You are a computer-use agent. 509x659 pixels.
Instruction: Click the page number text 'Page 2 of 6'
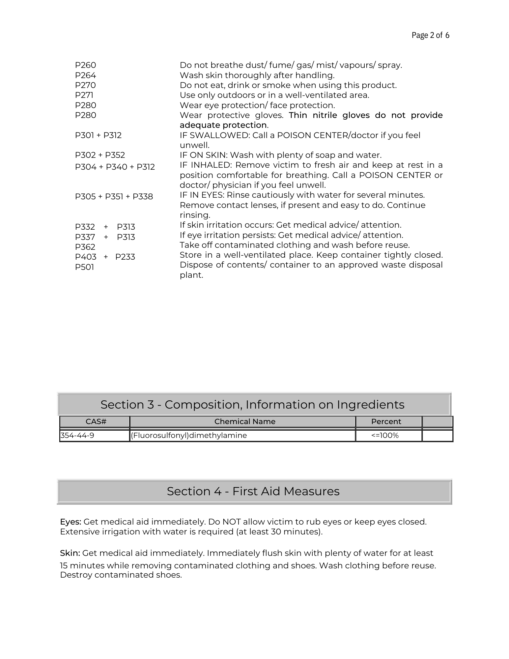tap(430, 35)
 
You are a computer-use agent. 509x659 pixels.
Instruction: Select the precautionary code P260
tap(85, 65)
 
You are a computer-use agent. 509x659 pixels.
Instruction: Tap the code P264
tap(85, 75)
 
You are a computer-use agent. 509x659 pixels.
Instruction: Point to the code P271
tap(84, 95)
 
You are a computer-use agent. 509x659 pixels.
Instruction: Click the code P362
tap(85, 247)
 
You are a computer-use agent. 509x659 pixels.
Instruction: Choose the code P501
tap(84, 267)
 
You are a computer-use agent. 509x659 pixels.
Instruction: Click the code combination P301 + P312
tap(98, 135)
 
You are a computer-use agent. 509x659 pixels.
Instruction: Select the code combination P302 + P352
tap(100, 155)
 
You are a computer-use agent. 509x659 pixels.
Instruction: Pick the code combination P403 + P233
tap(105, 257)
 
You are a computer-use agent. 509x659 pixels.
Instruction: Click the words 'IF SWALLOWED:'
tap(215, 135)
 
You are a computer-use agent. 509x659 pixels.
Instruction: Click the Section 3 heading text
tap(252, 405)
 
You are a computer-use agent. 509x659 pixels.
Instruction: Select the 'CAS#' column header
tap(96, 422)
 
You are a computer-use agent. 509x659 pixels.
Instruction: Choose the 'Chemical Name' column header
tap(244, 422)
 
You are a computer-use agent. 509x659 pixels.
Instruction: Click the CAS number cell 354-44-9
tap(77, 436)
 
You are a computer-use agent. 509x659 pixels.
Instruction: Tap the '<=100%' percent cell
tap(385, 436)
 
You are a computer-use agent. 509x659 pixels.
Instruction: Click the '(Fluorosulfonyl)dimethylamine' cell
tap(189, 436)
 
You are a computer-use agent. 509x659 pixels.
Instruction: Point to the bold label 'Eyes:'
tap(71, 522)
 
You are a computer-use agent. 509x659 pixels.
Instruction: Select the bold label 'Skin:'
tap(70, 553)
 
